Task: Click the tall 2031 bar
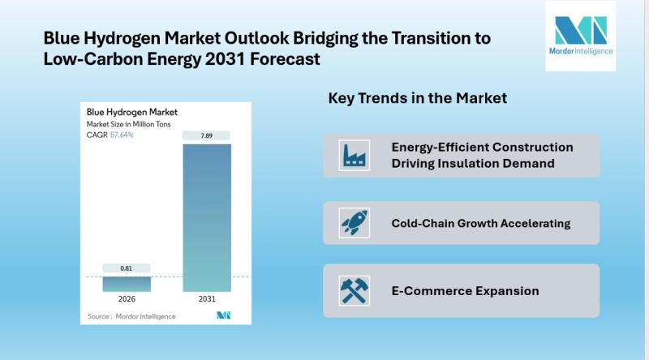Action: (x=207, y=216)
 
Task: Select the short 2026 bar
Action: (x=126, y=283)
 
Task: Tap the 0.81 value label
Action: (x=126, y=268)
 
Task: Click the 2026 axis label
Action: (x=126, y=300)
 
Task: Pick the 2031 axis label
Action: (x=207, y=300)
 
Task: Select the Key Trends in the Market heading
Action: (x=417, y=98)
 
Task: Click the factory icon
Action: (x=353, y=156)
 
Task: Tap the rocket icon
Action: (x=353, y=223)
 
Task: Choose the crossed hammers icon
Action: (x=353, y=290)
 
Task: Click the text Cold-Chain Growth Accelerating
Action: (x=481, y=223)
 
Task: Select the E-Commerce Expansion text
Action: (x=465, y=290)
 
